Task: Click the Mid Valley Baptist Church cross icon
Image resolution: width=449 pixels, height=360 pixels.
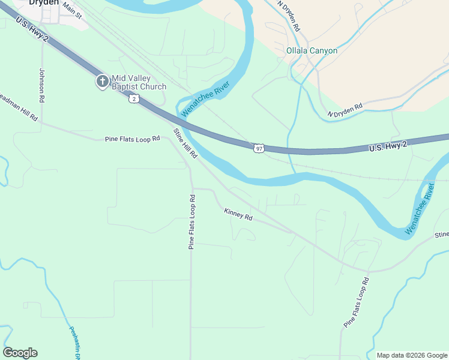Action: [103, 82]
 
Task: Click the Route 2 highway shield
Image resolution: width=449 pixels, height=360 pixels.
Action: [133, 98]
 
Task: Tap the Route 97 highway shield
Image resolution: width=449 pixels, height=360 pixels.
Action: [258, 148]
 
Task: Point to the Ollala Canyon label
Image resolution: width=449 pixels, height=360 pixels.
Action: [312, 50]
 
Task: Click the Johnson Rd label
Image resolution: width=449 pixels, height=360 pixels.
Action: [42, 85]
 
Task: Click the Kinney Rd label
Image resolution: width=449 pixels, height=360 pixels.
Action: [238, 214]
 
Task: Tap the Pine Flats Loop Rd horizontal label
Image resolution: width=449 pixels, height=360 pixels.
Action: [132, 139]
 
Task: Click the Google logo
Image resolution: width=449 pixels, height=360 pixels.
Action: [20, 353]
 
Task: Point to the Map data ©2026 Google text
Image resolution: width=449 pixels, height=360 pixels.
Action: [411, 355]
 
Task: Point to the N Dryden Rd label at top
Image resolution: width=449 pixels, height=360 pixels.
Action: [289, 16]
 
